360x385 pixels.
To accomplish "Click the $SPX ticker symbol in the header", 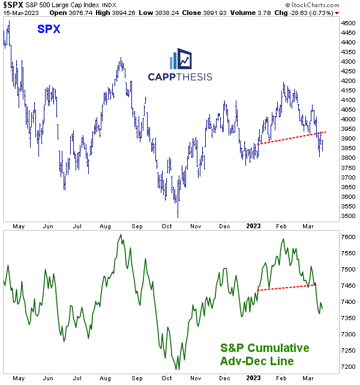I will click(x=11, y=4).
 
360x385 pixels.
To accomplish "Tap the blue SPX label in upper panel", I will click(x=49, y=29).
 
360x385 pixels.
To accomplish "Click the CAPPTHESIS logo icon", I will click(x=181, y=59).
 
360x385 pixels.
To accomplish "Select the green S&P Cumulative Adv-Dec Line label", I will click(x=264, y=354).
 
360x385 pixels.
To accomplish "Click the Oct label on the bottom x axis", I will click(x=166, y=378).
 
